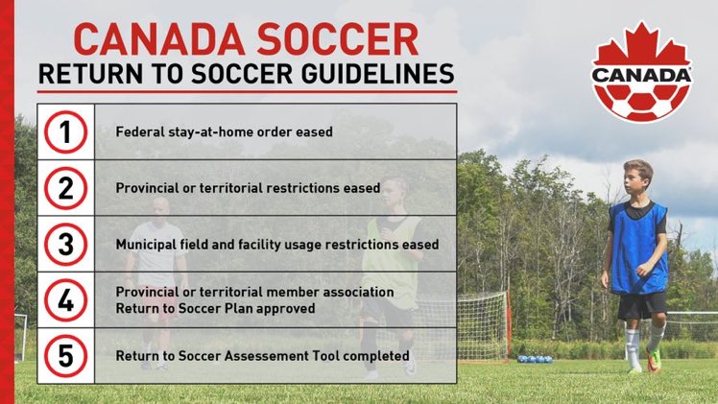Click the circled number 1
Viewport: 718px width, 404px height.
[65, 131]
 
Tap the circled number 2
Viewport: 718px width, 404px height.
[65, 188]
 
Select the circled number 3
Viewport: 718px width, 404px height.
[65, 244]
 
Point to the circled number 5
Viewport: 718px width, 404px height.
[65, 355]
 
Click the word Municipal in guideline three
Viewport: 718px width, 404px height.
[147, 245]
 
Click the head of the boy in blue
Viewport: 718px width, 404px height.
[636, 178]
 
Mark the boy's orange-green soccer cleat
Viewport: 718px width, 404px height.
[653, 360]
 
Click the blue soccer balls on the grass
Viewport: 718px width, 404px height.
[535, 359]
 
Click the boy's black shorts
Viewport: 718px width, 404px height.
[640, 305]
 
